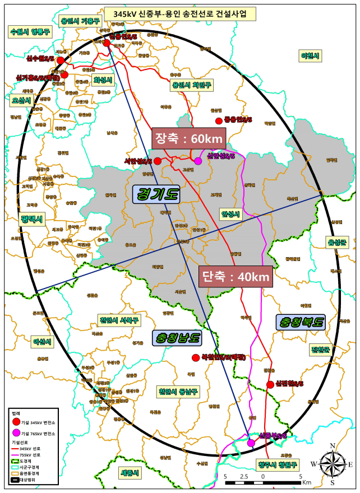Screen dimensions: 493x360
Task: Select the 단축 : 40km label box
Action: [x=236, y=276]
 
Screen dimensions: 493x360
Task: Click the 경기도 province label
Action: [x=156, y=194]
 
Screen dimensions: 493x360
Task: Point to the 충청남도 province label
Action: [x=177, y=338]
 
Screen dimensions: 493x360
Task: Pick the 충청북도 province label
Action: [x=300, y=322]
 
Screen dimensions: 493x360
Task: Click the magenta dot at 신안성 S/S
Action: [x=198, y=161]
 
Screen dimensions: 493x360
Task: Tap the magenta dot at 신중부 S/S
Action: [x=251, y=443]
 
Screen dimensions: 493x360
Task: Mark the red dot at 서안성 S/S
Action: [x=158, y=161]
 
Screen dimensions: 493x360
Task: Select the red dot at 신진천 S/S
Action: [x=271, y=384]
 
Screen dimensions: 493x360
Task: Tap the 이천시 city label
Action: [x=310, y=56]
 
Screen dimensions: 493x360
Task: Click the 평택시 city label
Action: [x=31, y=218]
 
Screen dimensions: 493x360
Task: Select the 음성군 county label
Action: [x=338, y=241]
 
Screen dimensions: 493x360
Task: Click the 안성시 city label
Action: [x=230, y=214]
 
